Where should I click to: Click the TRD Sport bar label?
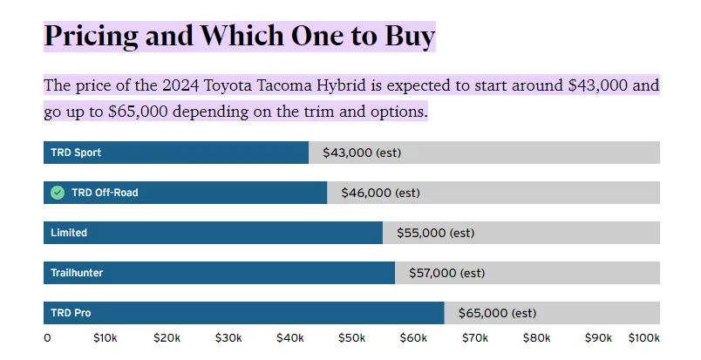(x=76, y=153)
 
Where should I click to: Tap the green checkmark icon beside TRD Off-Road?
(x=58, y=193)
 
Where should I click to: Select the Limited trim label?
(x=69, y=233)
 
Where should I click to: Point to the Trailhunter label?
(x=77, y=273)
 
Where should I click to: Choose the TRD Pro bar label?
(x=71, y=313)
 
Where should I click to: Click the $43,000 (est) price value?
(x=362, y=153)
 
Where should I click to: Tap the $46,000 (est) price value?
(x=380, y=193)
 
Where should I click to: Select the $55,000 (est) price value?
(x=436, y=233)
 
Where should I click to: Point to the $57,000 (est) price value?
(x=446, y=273)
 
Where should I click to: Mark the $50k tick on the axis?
(x=351, y=338)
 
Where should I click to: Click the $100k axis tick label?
(x=644, y=338)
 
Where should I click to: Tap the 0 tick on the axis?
(x=47, y=338)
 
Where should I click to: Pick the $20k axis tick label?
(x=167, y=338)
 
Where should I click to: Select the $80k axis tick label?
(x=536, y=338)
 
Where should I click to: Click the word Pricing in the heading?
(x=91, y=36)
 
